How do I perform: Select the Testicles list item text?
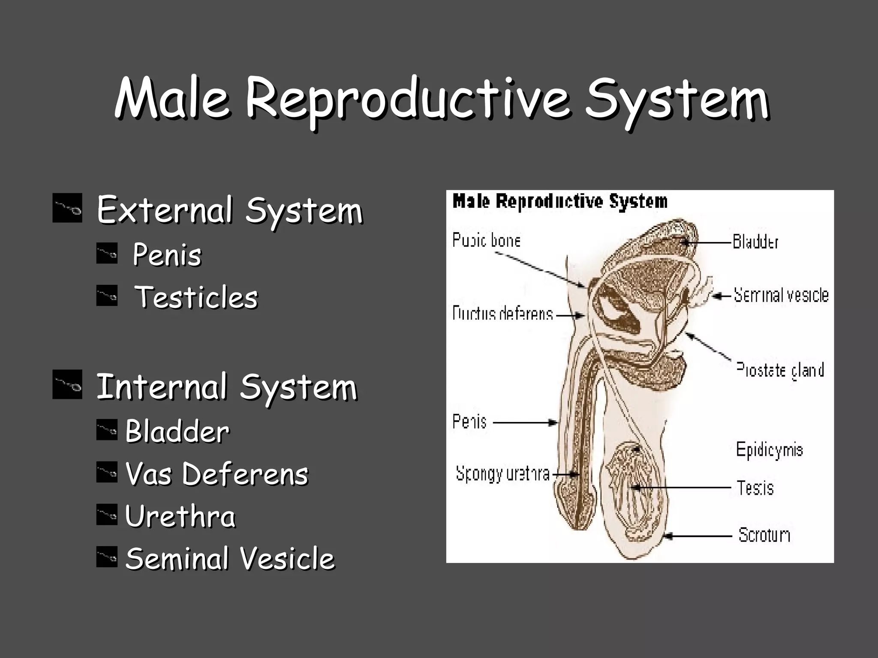[x=196, y=297]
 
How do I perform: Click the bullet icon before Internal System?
[x=67, y=385]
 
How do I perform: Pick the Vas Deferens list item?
[x=216, y=473]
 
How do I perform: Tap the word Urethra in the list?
[x=180, y=516]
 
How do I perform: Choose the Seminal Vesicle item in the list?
[x=230, y=558]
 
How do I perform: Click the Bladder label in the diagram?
[x=755, y=242]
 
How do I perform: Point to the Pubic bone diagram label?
[x=487, y=240]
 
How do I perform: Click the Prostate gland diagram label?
[x=780, y=370]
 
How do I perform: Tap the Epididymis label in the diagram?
[x=769, y=450]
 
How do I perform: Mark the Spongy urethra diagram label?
[x=502, y=474]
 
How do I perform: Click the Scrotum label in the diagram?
[x=764, y=535]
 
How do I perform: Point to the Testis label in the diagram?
[x=755, y=488]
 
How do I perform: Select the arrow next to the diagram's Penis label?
[x=525, y=423]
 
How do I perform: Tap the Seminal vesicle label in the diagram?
[x=781, y=295]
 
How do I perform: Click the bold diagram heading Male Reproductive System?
[x=560, y=201]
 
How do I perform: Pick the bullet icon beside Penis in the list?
[x=107, y=253]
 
